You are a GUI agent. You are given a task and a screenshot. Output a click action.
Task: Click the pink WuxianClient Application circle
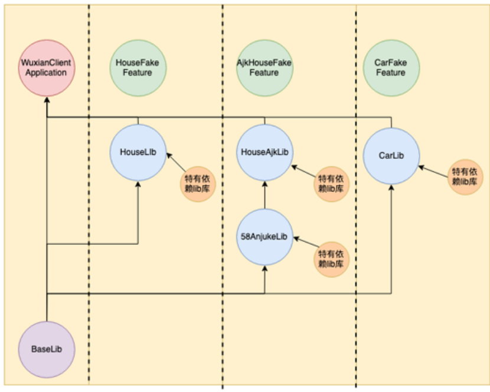click(x=46, y=68)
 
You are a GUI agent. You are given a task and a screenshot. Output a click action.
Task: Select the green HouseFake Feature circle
click(x=138, y=67)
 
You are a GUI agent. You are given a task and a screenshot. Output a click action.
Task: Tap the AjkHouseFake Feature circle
click(x=264, y=67)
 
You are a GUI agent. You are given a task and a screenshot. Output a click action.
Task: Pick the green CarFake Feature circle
click(x=391, y=67)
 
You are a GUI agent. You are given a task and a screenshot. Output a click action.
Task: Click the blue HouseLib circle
click(x=138, y=153)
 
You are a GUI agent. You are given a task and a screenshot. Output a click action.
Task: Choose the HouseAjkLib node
click(x=264, y=153)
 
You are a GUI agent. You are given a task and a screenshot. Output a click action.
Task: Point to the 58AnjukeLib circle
click(x=264, y=237)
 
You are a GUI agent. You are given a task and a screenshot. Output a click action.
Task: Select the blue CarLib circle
click(x=391, y=156)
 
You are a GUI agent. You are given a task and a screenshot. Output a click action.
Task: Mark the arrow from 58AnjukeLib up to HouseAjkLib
click(x=264, y=194)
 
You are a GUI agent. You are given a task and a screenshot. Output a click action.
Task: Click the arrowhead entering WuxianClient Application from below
click(x=46, y=100)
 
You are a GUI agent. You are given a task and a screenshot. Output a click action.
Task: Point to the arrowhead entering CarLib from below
click(x=391, y=187)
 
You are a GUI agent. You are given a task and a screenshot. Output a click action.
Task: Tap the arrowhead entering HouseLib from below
click(x=138, y=184)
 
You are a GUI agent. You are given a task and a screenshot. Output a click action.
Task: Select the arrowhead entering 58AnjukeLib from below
click(x=264, y=268)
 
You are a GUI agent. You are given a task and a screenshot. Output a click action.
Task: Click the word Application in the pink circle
click(x=46, y=73)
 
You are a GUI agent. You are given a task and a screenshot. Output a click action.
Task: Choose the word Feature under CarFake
click(x=391, y=73)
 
